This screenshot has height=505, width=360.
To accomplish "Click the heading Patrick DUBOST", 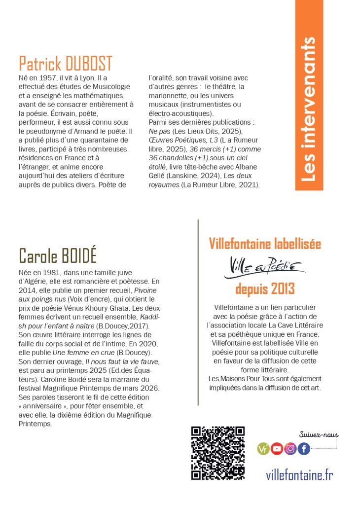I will point(66,64).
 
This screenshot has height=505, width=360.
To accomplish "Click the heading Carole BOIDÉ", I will point(57,255).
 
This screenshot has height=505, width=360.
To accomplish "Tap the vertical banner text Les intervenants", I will point(309,109).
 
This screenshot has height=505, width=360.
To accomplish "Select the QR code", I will point(218,453).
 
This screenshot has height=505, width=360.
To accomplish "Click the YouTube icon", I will point(277,449).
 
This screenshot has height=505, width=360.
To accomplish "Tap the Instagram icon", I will point(290,449).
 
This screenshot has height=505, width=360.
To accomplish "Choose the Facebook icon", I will point(304,449).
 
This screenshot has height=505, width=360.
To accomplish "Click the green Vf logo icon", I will point(263,449).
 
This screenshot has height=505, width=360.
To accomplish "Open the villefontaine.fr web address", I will point(299,475).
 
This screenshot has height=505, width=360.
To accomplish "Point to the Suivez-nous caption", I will point(319,434).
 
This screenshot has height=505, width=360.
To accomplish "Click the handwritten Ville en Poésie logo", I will point(265,266).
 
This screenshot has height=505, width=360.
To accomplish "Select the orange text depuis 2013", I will point(265,288).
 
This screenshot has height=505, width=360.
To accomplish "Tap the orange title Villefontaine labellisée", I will point(265,244).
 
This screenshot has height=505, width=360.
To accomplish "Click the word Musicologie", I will point(101,87).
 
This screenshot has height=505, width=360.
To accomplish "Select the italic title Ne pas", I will point(158,131).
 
